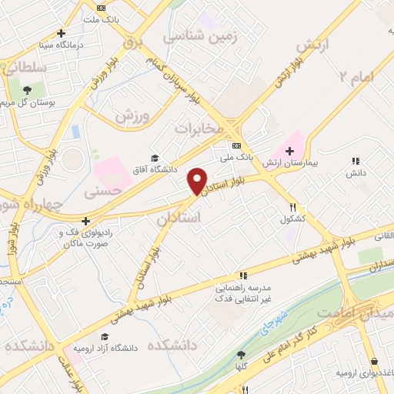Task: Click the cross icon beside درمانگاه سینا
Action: [x=62, y=33]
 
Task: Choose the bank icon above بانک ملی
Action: [x=236, y=145]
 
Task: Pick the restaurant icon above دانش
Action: [x=355, y=161]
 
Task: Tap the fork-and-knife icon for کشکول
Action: [x=292, y=206]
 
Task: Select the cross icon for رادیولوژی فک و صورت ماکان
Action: [x=85, y=221]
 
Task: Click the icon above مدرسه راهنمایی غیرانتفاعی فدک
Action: [x=243, y=275]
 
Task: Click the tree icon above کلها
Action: [x=241, y=354]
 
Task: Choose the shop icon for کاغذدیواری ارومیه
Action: [x=374, y=361]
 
